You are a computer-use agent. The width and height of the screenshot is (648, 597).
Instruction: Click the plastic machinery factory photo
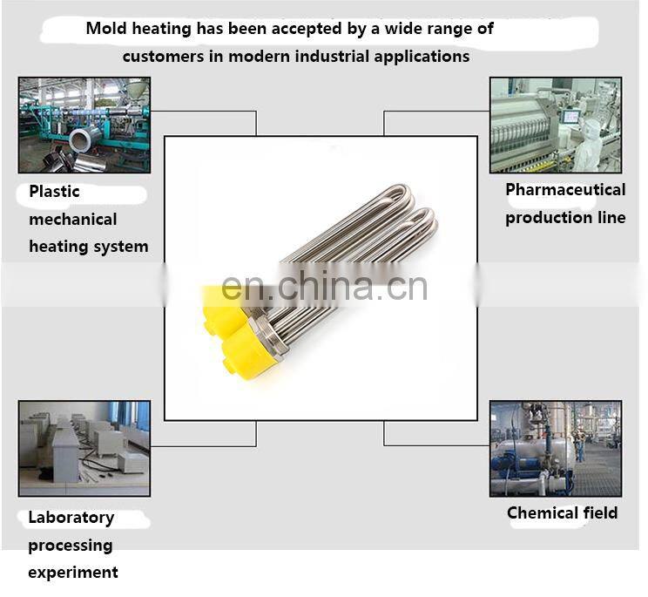pos(84,125)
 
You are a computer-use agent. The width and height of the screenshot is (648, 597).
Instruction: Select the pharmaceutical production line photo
pos(555,125)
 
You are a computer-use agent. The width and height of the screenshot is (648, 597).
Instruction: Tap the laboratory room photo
pos(84,448)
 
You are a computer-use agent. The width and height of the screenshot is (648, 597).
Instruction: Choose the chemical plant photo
pos(555,448)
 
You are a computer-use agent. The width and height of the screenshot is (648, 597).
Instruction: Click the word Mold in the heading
pos(105,28)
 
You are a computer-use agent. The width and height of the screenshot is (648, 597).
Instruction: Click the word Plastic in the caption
pos(54,192)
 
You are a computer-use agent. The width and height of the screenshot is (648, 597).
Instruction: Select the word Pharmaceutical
pos(565,190)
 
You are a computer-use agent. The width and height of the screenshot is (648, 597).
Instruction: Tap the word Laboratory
pos(71,518)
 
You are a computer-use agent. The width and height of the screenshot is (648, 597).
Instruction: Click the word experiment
pos(72,573)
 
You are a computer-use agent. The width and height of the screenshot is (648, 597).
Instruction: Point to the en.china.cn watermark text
pos(324,286)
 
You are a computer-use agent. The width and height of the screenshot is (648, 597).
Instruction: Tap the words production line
pos(565,218)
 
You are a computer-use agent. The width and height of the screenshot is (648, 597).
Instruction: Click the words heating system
pos(88,247)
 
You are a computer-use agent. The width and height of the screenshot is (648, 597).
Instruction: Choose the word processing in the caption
pos(70,546)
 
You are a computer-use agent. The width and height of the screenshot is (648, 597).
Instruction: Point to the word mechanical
pos(72,220)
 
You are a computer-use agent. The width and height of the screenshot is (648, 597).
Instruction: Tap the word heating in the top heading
pos(162,28)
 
